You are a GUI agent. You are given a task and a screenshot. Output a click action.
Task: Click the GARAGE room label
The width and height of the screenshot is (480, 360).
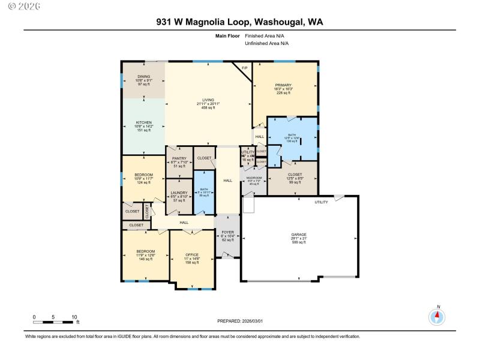[x=299, y=235]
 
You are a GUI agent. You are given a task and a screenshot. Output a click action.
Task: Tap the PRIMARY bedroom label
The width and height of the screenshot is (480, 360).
[x=283, y=85]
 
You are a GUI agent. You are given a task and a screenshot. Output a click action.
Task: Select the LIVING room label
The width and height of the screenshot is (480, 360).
[x=208, y=100]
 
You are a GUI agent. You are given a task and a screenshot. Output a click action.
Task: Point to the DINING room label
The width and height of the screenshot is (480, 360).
[x=143, y=77]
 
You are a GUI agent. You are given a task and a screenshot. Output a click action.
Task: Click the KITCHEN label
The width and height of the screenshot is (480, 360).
[x=143, y=122]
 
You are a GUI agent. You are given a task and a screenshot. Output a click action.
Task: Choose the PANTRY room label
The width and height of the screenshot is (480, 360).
[x=179, y=158]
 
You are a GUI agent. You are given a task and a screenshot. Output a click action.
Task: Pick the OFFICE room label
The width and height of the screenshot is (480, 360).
[x=192, y=254]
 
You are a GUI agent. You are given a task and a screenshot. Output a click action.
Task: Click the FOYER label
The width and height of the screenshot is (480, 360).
[x=227, y=231]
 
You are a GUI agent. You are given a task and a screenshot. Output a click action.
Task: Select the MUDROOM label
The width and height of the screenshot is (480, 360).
[x=254, y=178]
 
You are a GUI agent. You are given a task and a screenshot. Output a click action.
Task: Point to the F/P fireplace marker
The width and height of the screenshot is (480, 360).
[x=244, y=68]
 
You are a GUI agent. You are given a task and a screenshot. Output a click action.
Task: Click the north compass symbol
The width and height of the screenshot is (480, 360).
[x=437, y=316]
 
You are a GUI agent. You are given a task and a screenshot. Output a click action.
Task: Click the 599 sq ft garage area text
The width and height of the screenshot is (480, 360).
[x=299, y=242]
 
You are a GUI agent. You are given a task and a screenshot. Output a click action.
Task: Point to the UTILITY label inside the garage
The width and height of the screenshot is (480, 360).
[x=322, y=202]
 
